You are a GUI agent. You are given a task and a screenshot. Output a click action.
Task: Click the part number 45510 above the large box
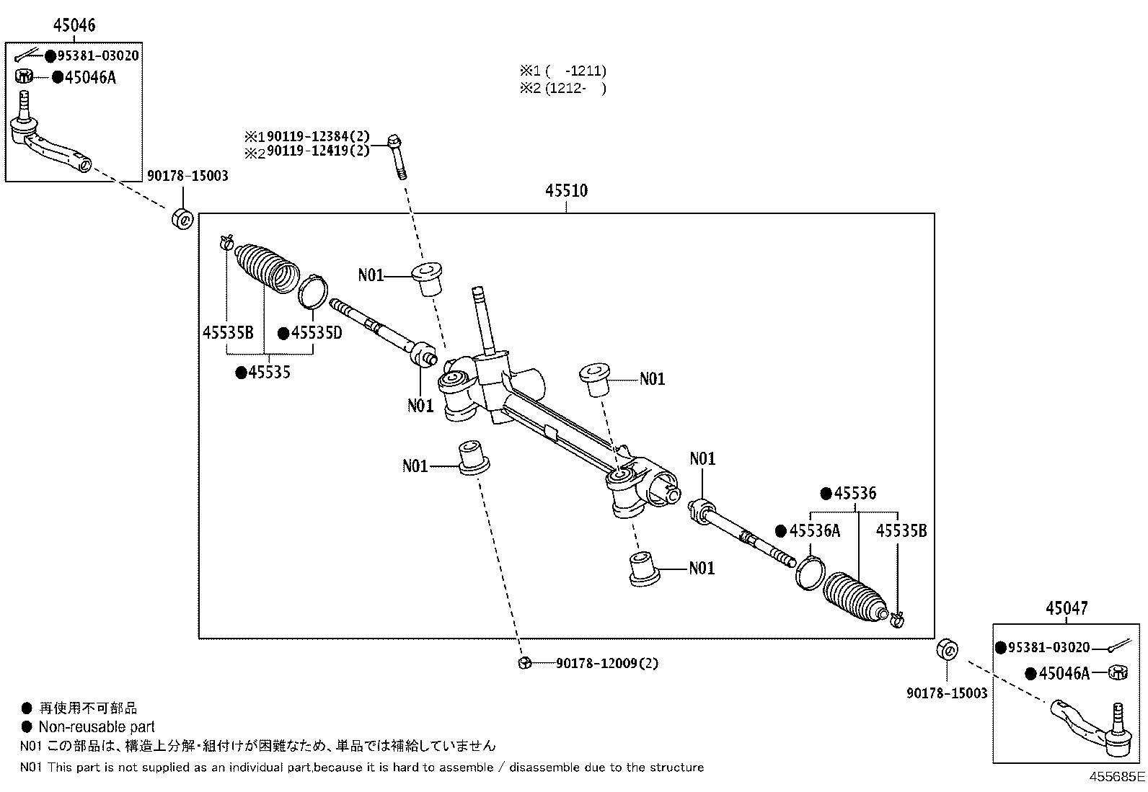point(566,190)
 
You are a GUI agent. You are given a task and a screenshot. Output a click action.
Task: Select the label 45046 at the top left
point(74,25)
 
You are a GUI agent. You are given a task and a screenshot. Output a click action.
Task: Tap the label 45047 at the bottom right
point(1067,608)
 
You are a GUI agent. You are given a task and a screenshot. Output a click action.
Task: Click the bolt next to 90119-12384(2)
point(398,157)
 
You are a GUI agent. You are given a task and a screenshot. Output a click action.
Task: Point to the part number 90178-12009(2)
point(607,664)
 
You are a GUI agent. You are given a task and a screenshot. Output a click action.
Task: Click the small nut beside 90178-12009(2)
point(524,663)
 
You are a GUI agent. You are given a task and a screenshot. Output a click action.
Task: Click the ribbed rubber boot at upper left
point(267,268)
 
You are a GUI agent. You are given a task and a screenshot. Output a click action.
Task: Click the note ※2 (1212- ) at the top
point(562,88)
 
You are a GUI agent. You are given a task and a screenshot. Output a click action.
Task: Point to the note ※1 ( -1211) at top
point(562,71)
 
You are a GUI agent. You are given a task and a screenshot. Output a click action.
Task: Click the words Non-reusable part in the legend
point(97,727)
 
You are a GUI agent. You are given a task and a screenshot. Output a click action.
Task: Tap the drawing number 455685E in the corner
point(1117,777)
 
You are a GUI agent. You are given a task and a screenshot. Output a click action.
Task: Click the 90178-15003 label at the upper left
point(187,176)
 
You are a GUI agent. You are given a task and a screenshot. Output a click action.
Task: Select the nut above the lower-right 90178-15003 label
point(947,650)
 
